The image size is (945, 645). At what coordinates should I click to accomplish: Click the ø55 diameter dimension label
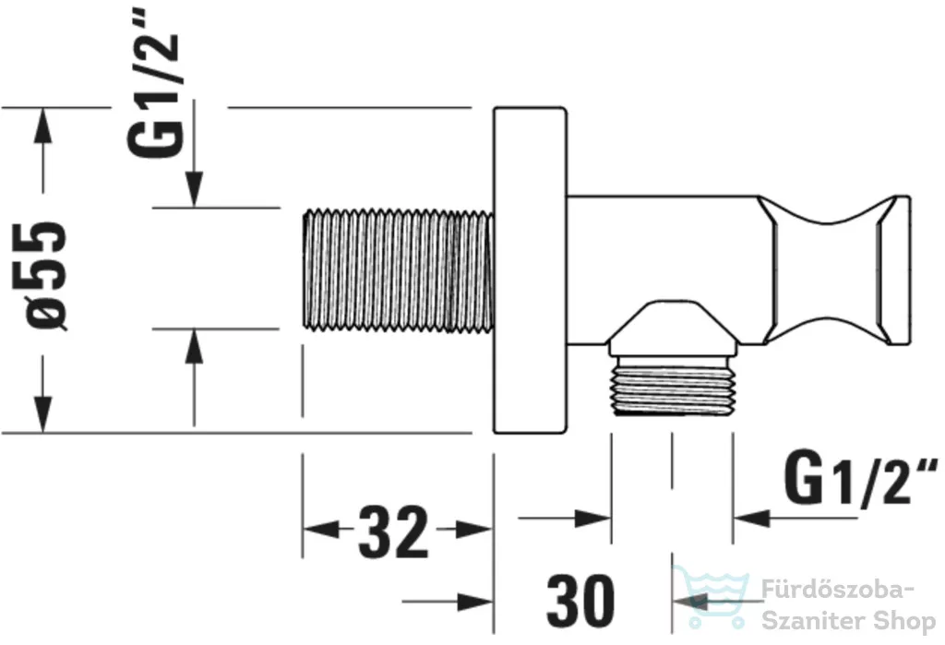45,275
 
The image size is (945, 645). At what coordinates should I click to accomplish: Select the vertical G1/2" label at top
153,82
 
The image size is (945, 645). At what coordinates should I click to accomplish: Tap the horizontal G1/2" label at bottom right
860,481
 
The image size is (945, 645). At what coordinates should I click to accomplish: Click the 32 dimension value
393,532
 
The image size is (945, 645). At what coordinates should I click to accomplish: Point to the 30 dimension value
580,601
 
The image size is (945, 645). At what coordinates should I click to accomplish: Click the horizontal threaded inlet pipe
399,269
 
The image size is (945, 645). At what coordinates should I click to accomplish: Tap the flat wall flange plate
530,270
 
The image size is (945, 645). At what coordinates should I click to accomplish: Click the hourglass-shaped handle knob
834,270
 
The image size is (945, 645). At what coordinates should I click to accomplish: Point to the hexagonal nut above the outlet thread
673,329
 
